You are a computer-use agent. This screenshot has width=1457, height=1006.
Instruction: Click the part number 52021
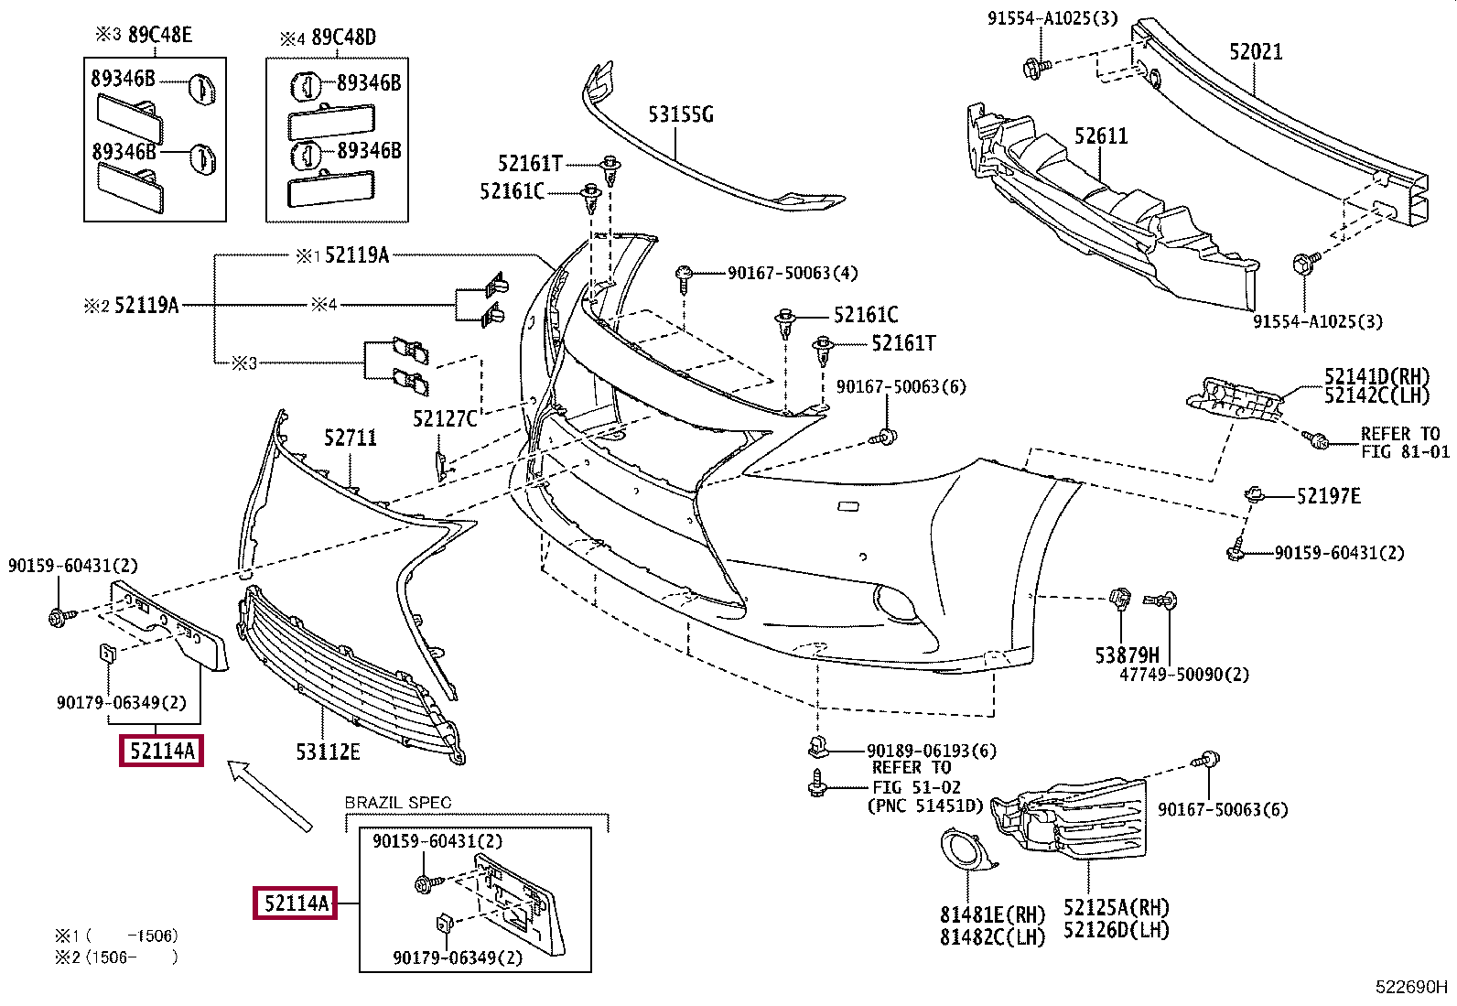1256,51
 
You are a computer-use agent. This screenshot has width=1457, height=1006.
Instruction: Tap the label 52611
1101,136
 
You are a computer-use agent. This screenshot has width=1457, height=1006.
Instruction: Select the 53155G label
680,114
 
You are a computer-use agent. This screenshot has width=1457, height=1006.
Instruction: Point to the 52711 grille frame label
350,438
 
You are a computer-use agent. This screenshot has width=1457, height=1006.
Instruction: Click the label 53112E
328,752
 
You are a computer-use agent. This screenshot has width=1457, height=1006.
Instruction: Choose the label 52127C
445,418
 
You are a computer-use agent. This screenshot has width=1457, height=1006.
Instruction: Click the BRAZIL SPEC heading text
398,803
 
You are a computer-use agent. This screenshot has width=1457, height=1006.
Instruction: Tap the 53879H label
1127,655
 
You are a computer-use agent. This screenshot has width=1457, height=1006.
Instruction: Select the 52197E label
1328,496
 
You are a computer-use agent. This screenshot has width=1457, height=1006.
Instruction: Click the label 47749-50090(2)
1184,675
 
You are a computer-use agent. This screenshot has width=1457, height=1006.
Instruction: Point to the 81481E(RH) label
992,914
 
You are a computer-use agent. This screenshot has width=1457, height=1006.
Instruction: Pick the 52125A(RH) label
1117,907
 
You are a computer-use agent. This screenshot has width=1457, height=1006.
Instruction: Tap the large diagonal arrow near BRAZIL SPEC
271,796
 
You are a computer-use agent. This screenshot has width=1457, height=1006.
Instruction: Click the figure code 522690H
1411,987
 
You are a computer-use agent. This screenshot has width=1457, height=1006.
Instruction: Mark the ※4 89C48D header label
328,38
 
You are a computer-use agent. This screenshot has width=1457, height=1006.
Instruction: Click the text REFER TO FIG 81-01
1405,442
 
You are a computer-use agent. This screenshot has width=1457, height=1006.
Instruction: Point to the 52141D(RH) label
1376,376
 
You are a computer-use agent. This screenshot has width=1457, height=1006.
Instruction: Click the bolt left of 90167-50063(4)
685,275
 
